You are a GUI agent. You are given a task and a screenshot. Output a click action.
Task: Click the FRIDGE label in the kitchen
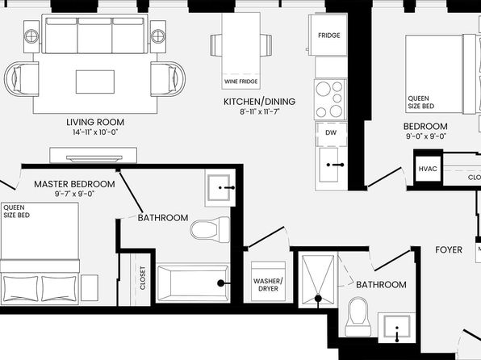click(x=328, y=36)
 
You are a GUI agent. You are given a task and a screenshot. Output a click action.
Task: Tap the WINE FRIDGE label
click(x=240, y=82)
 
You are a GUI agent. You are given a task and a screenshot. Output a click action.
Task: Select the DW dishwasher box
click(x=331, y=134)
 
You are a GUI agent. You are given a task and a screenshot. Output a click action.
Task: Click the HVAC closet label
click(x=428, y=169)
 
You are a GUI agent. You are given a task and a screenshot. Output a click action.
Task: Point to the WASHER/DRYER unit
click(x=268, y=282)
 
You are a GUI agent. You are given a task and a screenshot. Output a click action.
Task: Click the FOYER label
click(x=449, y=250)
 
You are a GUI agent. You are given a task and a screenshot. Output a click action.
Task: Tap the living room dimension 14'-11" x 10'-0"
click(x=95, y=132)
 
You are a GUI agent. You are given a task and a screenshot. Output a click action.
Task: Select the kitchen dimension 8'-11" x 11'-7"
click(x=260, y=111)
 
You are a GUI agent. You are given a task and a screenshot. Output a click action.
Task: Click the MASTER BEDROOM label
click(x=74, y=184)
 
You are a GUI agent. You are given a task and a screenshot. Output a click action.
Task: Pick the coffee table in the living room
click(x=95, y=82)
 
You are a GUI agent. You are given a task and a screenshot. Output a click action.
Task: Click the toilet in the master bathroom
click(x=210, y=229)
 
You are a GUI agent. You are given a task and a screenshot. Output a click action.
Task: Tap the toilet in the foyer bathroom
click(x=358, y=316)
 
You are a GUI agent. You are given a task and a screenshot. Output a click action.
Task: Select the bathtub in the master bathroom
click(x=193, y=283)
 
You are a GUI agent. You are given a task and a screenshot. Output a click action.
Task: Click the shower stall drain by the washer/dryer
click(x=318, y=298)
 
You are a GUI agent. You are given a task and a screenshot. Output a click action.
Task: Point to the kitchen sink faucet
click(x=336, y=165)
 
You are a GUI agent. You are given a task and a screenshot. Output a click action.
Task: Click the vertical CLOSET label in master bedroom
click(x=143, y=278)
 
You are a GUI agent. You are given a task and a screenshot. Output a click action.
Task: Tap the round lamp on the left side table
click(x=31, y=36)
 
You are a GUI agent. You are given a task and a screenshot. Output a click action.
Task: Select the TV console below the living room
click(x=94, y=155)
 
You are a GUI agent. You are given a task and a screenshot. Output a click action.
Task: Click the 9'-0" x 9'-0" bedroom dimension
click(x=426, y=136)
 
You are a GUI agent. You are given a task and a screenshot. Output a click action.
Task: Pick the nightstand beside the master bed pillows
click(x=90, y=288)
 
